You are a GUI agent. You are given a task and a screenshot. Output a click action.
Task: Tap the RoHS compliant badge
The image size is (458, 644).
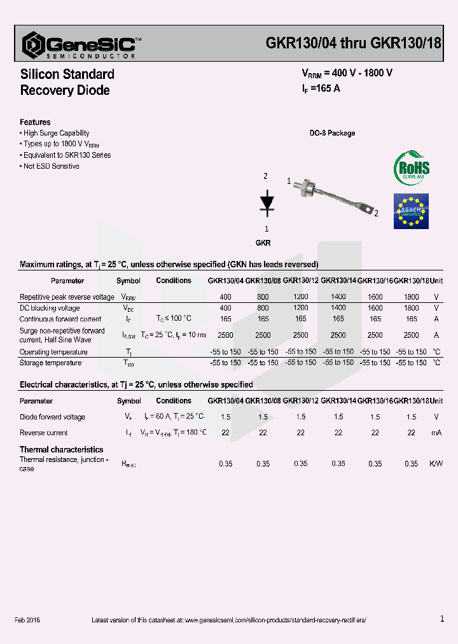point(412,167)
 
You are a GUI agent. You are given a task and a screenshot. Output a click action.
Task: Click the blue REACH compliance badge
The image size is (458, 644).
point(412,211)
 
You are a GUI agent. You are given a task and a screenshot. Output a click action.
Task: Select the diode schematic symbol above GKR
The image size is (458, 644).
point(267,200)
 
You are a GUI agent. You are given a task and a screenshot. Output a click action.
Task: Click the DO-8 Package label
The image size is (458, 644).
point(332,134)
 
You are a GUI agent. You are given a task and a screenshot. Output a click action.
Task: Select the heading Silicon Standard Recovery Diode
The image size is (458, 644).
point(67,82)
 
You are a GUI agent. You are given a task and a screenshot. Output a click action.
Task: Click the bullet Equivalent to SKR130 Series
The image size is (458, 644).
point(66,155)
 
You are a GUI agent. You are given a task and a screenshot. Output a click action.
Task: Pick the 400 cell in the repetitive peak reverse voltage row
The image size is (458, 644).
point(225,297)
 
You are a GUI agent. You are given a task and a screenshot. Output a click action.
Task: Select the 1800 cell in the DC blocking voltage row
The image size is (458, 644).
point(412,308)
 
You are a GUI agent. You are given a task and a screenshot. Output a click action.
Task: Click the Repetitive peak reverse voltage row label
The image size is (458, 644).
point(67,297)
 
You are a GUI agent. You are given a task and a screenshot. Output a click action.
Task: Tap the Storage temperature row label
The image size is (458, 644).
point(50,363)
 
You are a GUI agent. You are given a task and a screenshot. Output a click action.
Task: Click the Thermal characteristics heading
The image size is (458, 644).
point(61,449)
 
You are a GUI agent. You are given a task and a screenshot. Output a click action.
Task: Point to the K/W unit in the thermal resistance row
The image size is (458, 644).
point(436,464)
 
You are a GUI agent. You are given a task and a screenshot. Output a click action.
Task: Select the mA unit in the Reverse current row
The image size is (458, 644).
point(436,433)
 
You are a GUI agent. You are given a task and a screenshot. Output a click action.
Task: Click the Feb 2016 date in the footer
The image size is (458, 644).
point(27,620)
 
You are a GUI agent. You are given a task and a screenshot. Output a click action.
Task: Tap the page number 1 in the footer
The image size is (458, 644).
point(442,619)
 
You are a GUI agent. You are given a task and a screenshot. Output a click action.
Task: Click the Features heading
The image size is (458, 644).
point(35,122)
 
